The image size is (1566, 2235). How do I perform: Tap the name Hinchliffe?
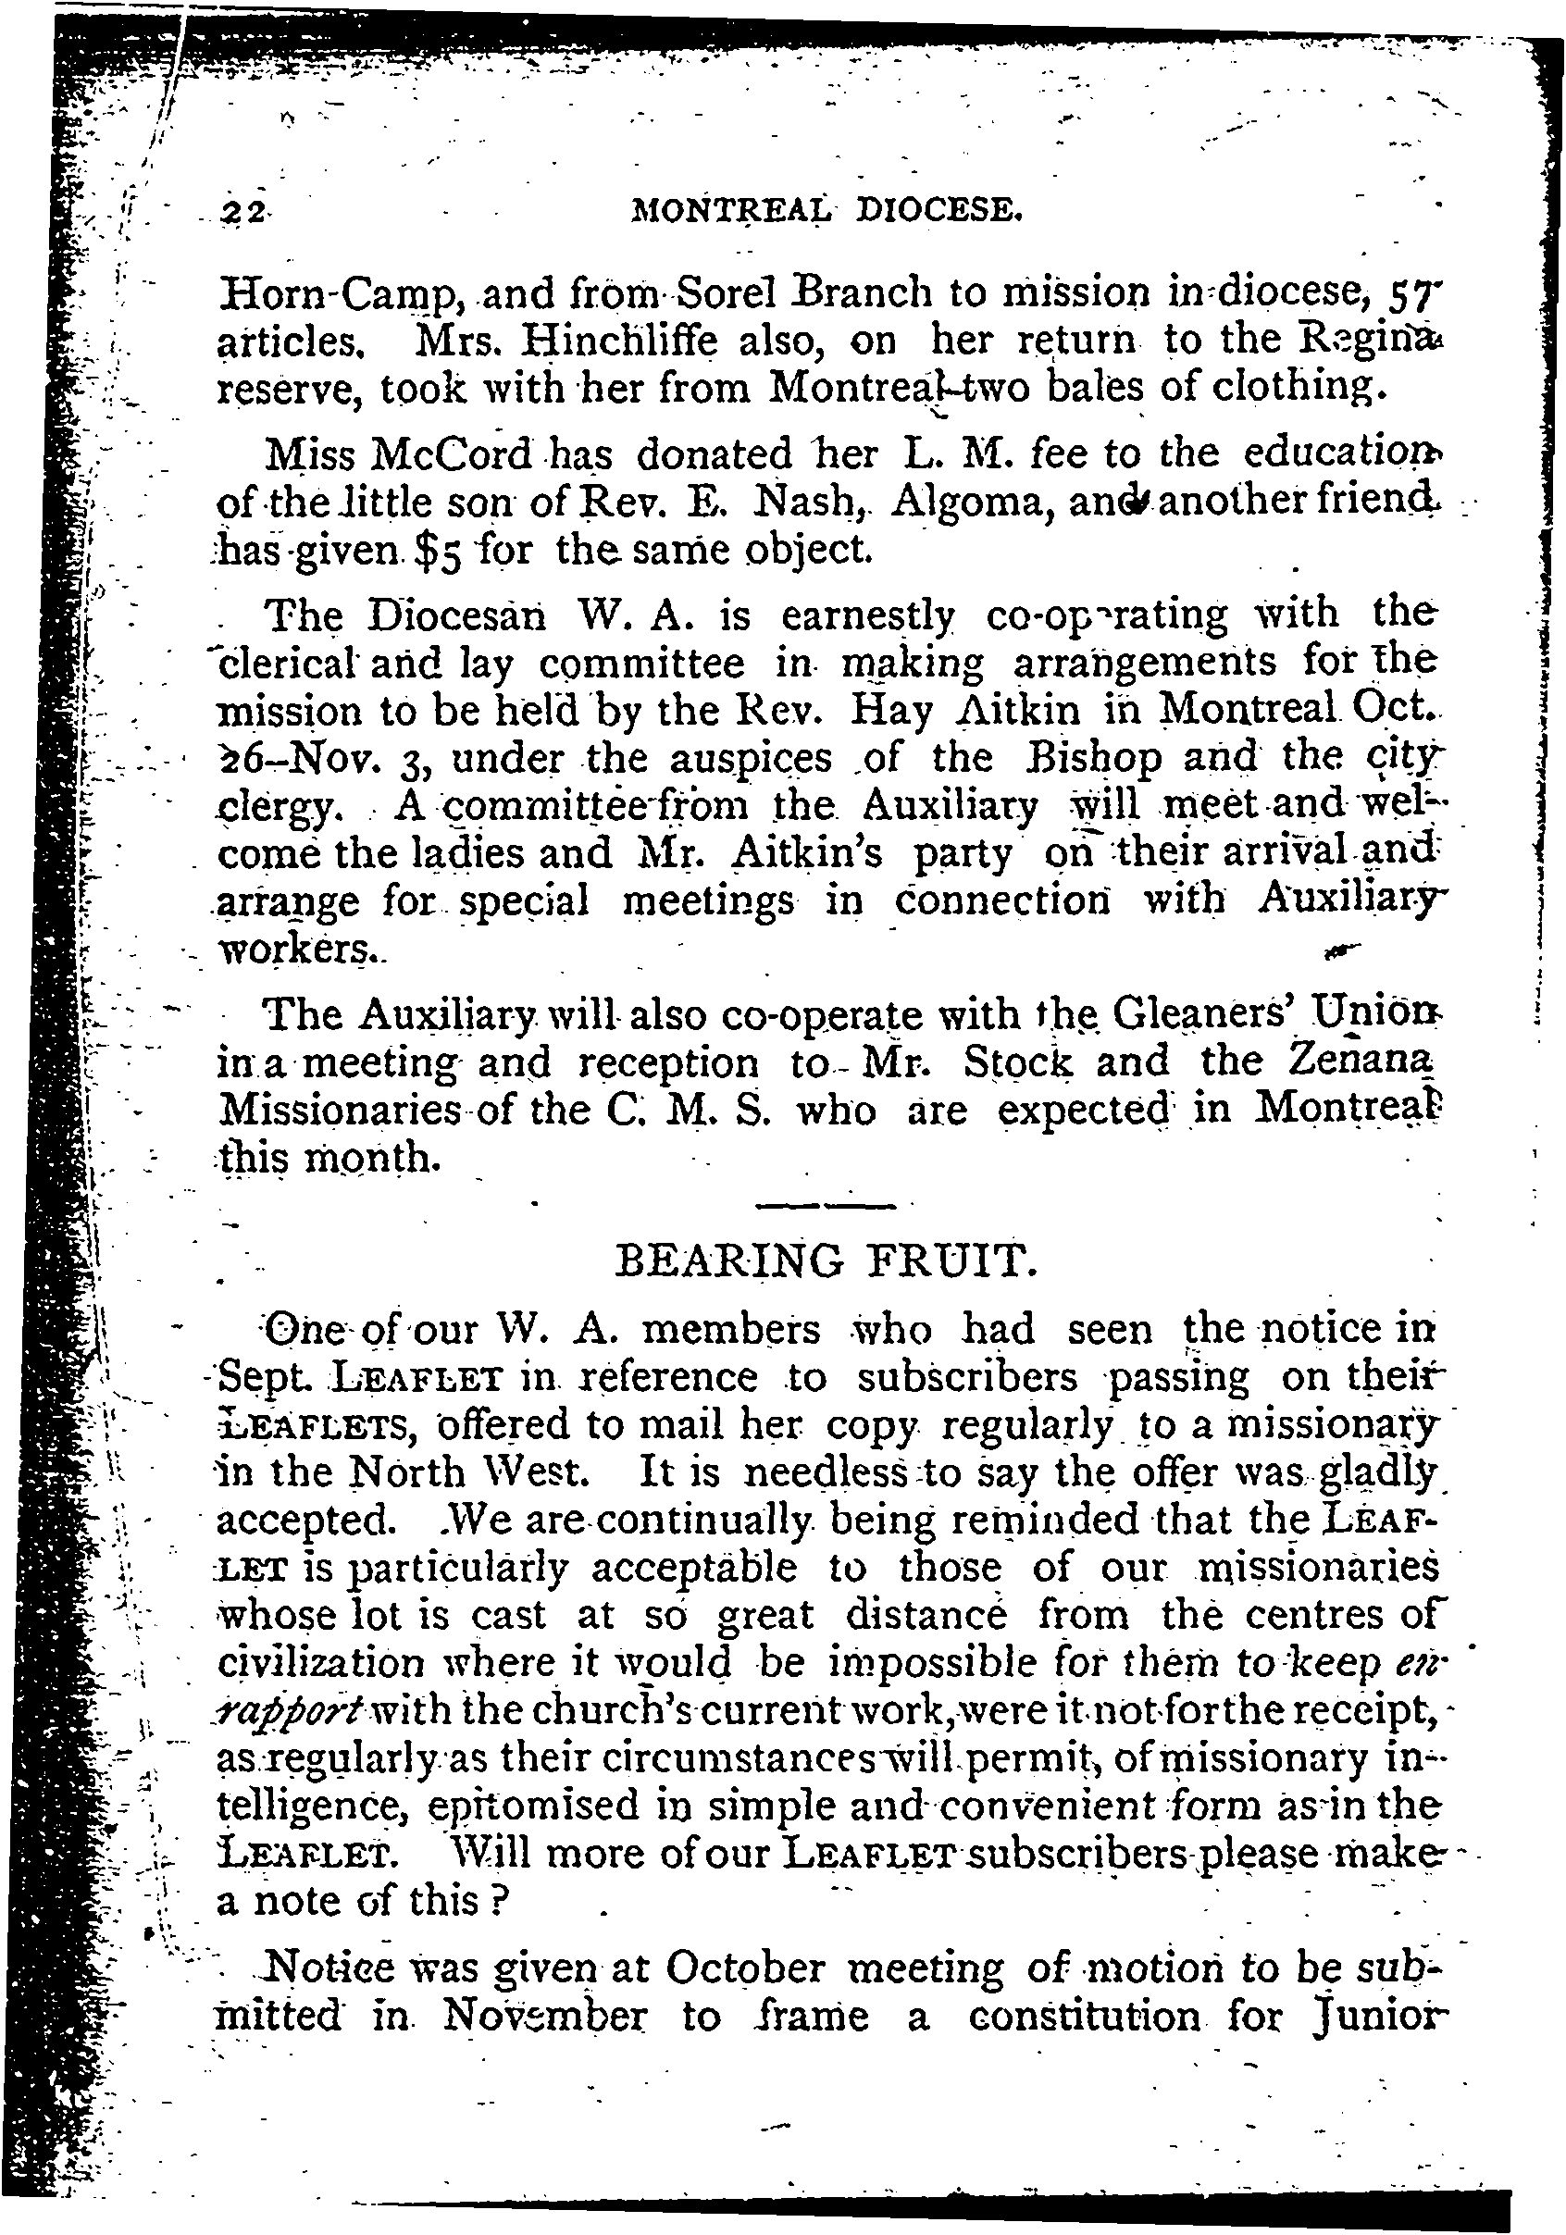(607, 341)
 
